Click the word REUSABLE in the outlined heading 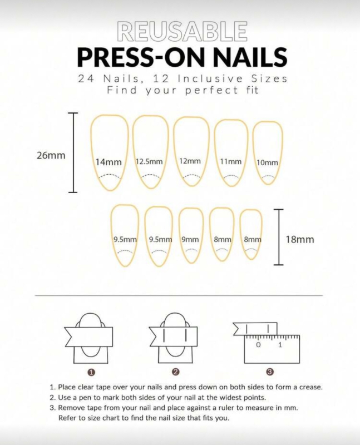182,31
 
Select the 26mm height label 51,156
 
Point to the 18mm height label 300,240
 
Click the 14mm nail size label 109,162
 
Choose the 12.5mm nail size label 149,161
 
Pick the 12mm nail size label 190,161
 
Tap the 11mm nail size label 231,161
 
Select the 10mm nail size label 267,162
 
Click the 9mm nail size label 190,239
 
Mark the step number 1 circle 91,372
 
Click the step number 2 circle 176,372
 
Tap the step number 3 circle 270,372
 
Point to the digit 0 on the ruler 258,345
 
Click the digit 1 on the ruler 280,345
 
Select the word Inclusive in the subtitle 210,78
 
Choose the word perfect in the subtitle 212,91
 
